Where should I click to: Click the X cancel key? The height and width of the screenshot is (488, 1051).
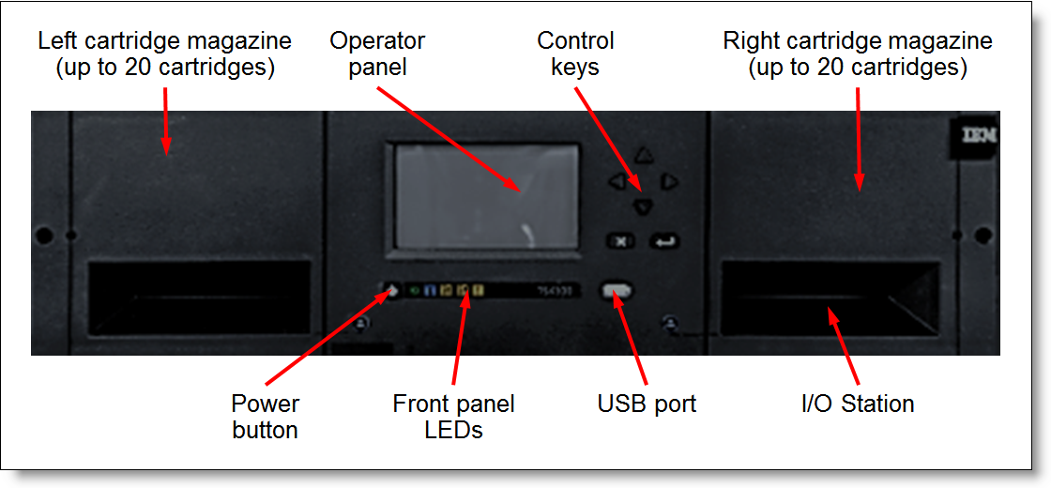click(619, 241)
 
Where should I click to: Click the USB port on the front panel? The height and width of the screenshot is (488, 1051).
click(617, 290)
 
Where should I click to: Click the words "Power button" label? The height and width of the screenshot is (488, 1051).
click(265, 418)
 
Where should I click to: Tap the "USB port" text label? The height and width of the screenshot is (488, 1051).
click(647, 404)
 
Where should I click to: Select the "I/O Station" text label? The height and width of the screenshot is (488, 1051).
click(858, 404)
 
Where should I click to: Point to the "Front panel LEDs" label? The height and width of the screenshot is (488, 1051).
click(453, 418)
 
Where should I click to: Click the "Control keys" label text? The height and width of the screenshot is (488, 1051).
click(575, 53)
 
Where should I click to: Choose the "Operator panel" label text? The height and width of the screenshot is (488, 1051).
click(377, 53)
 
